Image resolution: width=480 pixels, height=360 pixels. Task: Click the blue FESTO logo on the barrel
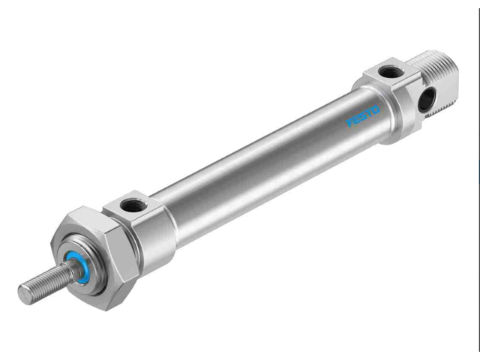363,116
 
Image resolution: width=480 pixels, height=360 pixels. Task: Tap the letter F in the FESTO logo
349,124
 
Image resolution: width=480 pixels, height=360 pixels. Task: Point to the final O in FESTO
376,109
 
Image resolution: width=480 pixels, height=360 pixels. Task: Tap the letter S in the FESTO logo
362,117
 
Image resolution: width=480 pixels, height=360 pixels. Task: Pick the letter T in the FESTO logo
368,113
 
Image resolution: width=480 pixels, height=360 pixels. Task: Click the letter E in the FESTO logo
355,121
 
